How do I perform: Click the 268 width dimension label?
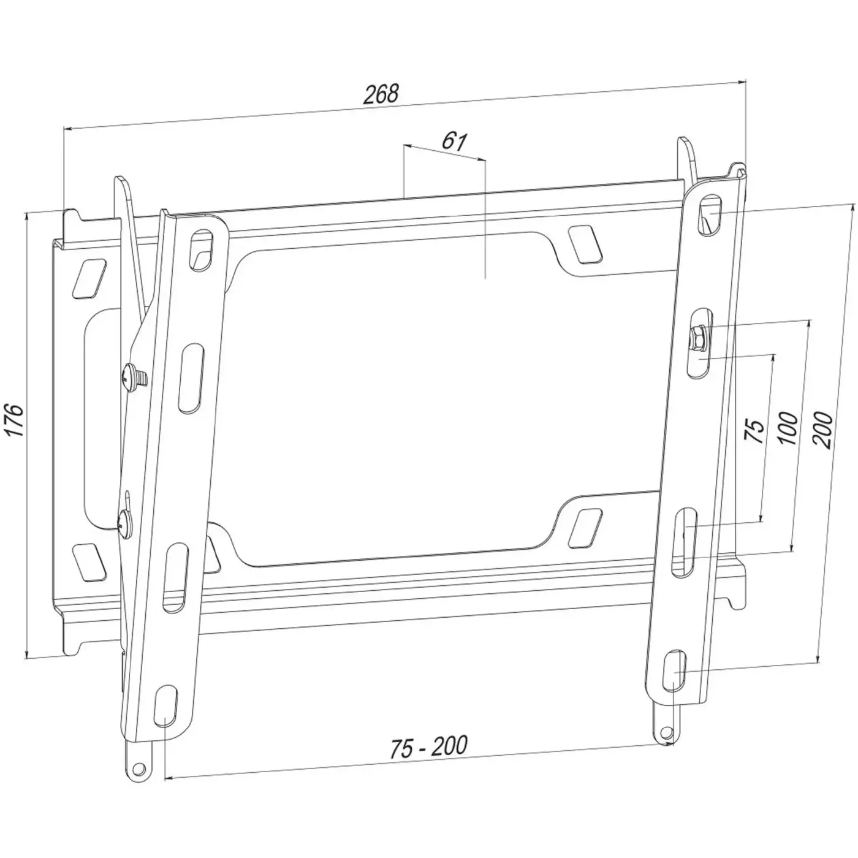point(381,94)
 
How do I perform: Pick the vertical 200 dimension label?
point(824,431)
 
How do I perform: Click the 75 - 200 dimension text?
point(428,746)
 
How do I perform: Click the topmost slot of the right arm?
point(712,214)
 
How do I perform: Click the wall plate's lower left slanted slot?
point(88,560)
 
